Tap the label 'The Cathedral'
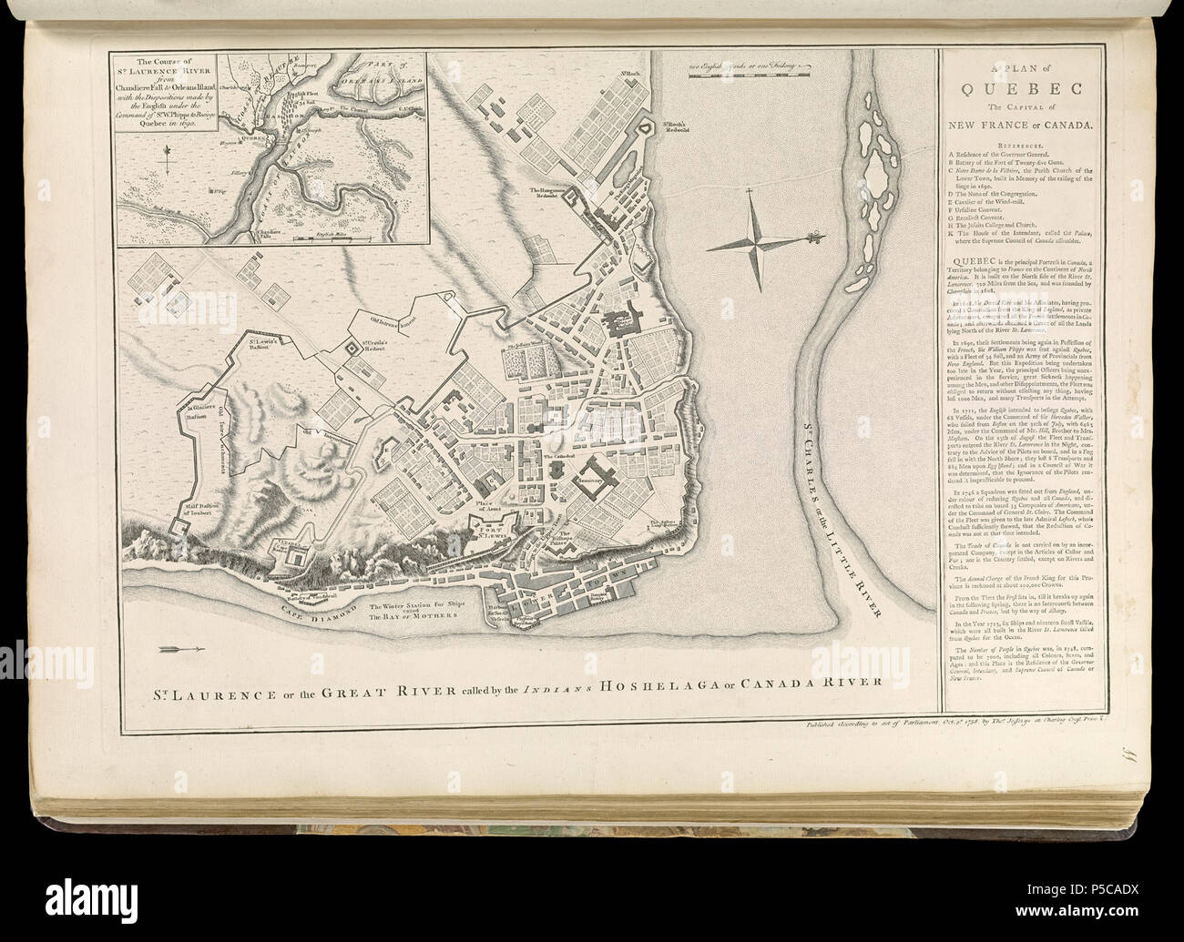point(556,455)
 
